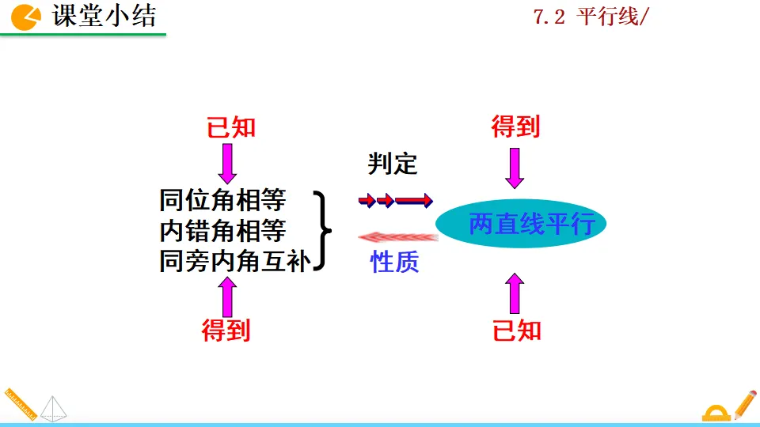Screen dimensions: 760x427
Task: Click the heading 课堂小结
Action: coord(104,16)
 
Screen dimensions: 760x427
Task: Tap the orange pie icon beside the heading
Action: coord(28,16)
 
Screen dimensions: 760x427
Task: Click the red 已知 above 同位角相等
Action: coord(231,127)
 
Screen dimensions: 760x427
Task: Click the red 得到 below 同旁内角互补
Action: coord(226,330)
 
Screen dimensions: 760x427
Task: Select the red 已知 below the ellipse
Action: coord(517,330)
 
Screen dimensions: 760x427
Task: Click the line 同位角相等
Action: coord(222,200)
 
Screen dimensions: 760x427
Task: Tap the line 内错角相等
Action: coord(222,231)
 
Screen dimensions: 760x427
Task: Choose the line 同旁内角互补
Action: coord(233,262)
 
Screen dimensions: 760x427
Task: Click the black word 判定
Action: coord(393,164)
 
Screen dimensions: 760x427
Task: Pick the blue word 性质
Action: coord(395,262)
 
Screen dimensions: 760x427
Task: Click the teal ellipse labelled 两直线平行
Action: coord(520,224)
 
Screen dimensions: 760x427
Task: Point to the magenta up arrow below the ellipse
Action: coord(515,293)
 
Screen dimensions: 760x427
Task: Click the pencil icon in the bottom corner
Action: coord(745,404)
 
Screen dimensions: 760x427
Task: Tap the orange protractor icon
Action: coord(716,412)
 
